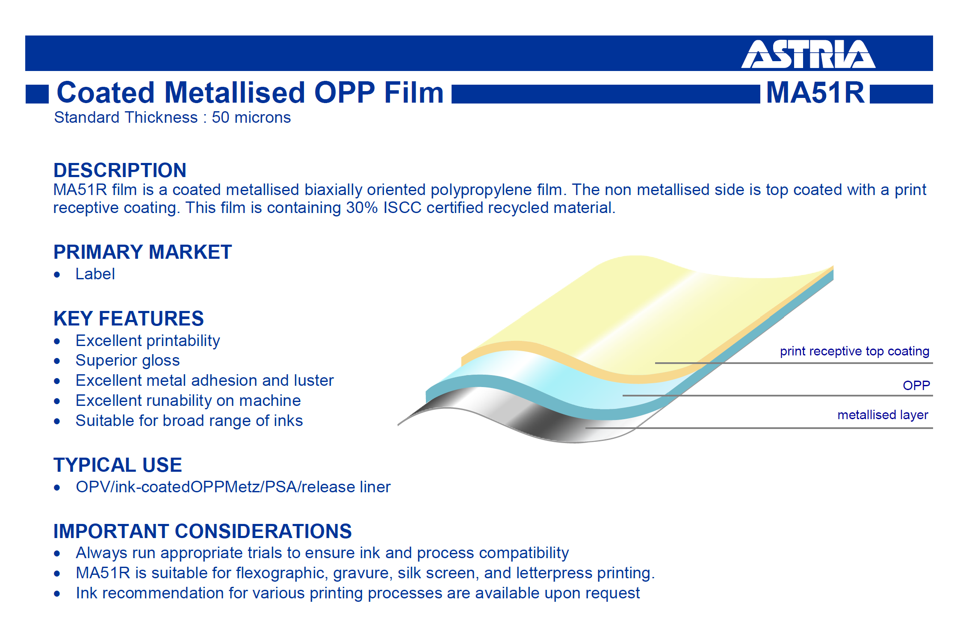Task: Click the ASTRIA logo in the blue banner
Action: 808,54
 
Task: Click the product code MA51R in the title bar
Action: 815,92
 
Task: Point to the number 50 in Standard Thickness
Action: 221,118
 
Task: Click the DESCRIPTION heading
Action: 120,170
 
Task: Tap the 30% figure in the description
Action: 362,208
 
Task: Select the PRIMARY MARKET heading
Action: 142,252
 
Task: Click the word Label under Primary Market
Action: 95,274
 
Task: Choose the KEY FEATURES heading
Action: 128,319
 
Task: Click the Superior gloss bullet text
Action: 127,361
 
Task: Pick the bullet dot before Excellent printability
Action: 57,341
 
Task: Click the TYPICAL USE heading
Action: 118,465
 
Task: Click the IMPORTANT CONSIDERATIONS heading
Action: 202,531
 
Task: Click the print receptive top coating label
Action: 854,352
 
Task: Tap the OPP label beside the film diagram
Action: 916,385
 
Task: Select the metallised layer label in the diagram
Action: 883,415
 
